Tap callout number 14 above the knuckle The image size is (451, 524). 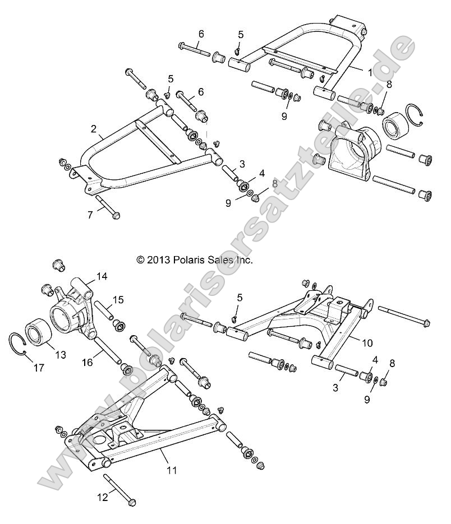click(101, 276)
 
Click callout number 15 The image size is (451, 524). click(118, 300)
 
